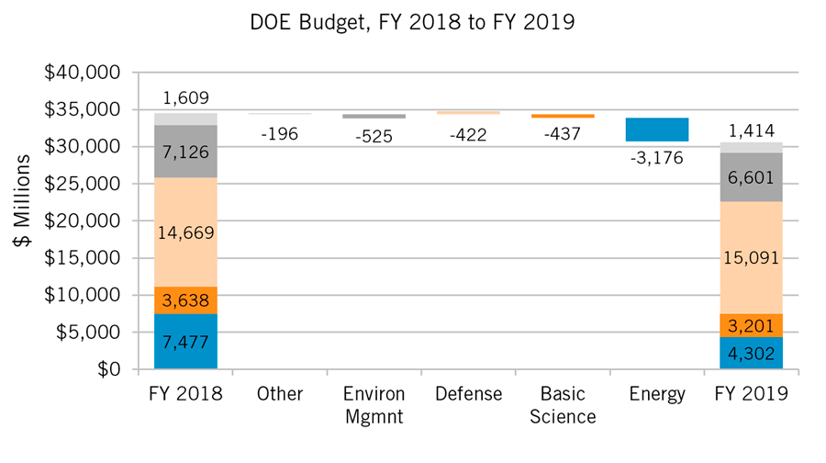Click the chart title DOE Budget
click(412, 23)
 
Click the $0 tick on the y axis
click(108, 369)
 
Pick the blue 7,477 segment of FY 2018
click(185, 342)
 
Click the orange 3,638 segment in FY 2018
click(185, 300)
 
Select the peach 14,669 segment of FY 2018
click(185, 232)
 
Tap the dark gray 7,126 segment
click(185, 151)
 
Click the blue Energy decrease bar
click(656, 130)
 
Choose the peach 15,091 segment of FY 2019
click(751, 257)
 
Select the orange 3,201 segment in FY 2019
click(751, 326)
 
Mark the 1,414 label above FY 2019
click(751, 130)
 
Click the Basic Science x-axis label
click(562, 405)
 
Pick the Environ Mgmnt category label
click(374, 405)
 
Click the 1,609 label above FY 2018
click(185, 97)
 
